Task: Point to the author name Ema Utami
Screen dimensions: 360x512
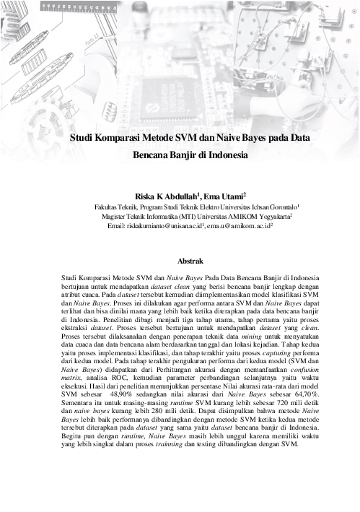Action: [225, 195]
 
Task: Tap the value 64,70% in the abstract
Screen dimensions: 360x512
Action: [305, 396]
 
